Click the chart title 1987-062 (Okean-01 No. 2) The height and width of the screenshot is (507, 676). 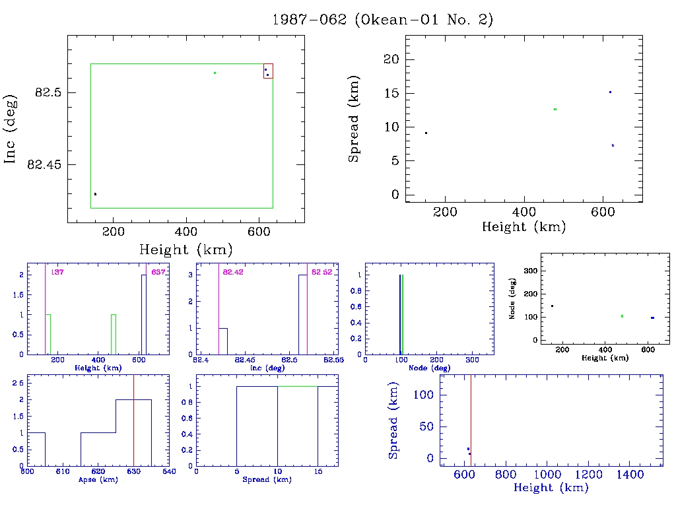[x=382, y=20]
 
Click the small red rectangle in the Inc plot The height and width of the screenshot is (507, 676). [x=267, y=71]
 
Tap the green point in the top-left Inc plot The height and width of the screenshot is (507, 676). [x=215, y=73]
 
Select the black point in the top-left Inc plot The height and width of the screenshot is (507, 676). [x=95, y=194]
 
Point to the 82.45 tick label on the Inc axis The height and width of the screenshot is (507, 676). [x=44, y=164]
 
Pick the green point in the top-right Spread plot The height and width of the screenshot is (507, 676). [x=555, y=109]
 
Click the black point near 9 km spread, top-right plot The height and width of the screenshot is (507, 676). [x=426, y=133]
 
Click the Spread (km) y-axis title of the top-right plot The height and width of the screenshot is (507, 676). [x=355, y=127]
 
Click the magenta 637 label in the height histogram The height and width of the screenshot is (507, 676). [x=158, y=272]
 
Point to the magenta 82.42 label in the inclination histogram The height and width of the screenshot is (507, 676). [x=233, y=272]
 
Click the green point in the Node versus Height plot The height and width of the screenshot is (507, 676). [x=622, y=316]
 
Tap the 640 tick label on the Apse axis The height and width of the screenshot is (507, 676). [x=169, y=471]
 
